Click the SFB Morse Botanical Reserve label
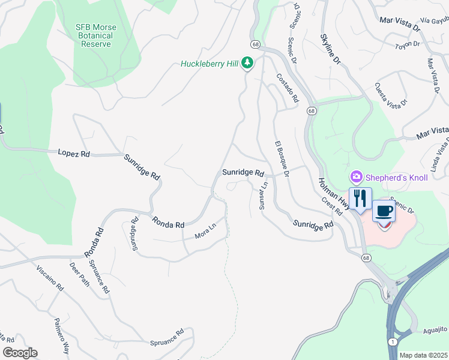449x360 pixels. [96, 36]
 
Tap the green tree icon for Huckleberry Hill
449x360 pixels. [247, 63]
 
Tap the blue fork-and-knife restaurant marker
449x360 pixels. [360, 199]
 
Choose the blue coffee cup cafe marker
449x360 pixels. [384, 212]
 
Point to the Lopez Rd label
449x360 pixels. [74, 154]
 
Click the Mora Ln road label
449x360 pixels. [205, 232]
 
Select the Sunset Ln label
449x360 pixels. [262, 196]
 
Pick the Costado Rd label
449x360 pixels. [287, 88]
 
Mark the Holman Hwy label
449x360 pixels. [330, 188]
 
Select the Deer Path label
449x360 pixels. [79, 274]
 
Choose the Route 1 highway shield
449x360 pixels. [391, 341]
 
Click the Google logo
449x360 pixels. [20, 353]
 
